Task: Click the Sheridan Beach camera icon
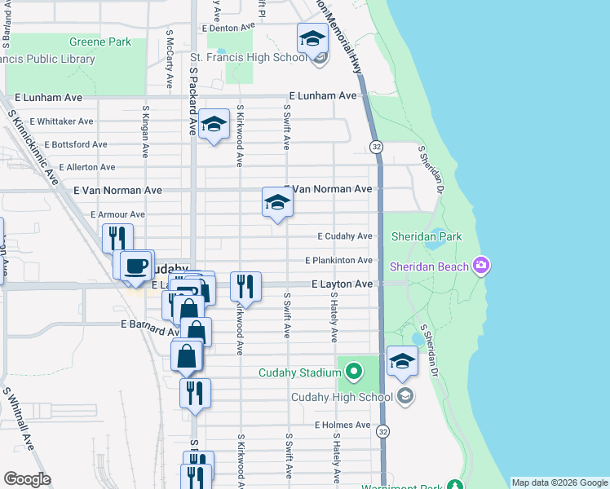[x=481, y=266]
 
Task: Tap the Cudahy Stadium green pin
[x=353, y=372]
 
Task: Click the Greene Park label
[x=100, y=42]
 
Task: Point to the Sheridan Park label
[x=426, y=236]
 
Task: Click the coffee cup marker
[x=136, y=265]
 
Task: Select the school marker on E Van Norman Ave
[x=277, y=202]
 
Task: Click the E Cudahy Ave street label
[x=344, y=236]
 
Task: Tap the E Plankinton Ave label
[x=338, y=261]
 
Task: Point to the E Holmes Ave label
[x=343, y=425]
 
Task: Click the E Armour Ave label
[x=117, y=214]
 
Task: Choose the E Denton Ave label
[x=228, y=27]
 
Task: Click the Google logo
[x=27, y=479]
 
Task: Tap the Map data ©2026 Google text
[x=559, y=482]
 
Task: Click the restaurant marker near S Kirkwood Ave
[x=245, y=286]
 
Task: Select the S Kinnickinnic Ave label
[x=34, y=139]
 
